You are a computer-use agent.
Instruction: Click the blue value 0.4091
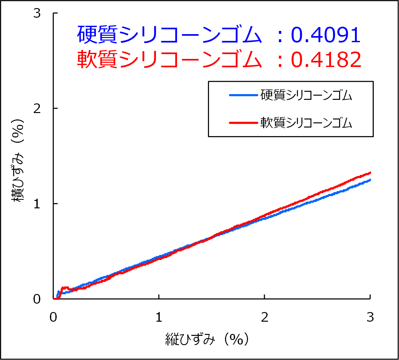tap(326, 35)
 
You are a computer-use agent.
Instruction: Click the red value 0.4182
tap(326, 60)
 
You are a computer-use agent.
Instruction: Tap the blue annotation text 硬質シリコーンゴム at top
tap(169, 35)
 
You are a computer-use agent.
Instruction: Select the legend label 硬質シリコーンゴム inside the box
tap(306, 95)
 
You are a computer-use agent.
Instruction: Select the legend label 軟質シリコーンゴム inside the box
tap(306, 123)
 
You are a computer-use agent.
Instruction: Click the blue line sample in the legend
tap(243, 95)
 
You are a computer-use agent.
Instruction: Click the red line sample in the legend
tap(243, 123)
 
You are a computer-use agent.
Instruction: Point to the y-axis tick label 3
tap(37, 13)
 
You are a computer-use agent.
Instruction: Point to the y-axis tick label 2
tap(37, 109)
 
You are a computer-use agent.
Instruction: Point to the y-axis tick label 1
tap(37, 204)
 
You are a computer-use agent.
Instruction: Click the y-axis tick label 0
tap(37, 299)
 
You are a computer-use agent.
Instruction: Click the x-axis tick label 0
tap(53, 317)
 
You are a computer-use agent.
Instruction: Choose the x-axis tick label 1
tap(159, 317)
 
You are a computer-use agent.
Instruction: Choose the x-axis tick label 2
tap(264, 317)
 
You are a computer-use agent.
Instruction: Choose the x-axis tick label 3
tap(370, 317)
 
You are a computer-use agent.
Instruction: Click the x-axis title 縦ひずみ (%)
tap(207, 339)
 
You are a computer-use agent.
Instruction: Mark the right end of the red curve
tap(370, 173)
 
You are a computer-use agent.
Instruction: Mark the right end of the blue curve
tap(370, 180)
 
